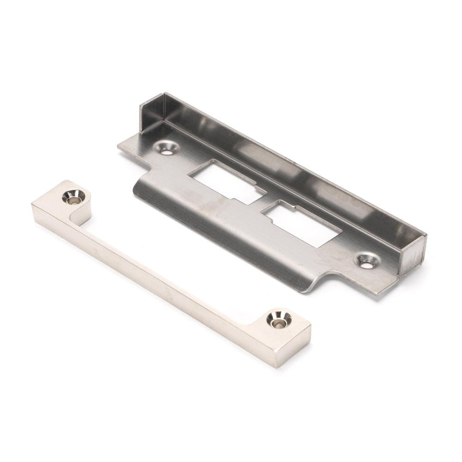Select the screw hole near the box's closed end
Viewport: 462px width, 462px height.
[165, 148]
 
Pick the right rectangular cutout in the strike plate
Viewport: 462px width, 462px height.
[300, 224]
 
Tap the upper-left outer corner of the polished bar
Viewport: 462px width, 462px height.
[35, 203]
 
